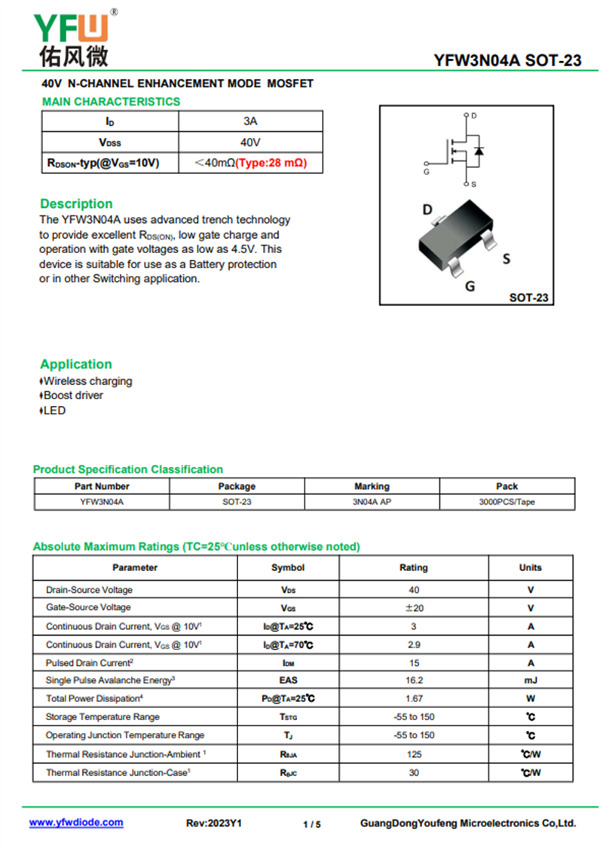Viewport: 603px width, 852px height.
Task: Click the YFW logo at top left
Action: coord(72,38)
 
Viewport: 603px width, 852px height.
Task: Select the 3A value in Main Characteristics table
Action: coord(250,121)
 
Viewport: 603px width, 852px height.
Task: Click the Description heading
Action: coord(76,203)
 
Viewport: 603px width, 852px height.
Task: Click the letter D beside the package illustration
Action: coord(427,209)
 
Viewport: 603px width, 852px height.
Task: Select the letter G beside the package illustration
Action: coord(470,286)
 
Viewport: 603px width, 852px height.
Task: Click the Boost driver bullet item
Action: coord(73,395)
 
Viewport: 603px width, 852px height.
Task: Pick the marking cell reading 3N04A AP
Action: coord(372,502)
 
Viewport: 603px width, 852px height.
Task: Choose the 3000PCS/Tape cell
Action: coord(507,502)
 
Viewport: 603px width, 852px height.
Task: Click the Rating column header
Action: coord(413,567)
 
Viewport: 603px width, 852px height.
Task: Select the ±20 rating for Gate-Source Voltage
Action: coord(413,608)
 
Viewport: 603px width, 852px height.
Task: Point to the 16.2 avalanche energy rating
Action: coord(413,680)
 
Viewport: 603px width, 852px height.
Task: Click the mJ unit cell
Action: coord(531,680)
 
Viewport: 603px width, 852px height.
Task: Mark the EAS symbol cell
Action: coord(288,680)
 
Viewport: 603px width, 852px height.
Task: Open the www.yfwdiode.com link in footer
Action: coord(76,823)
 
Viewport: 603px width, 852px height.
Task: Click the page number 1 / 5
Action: coord(311,824)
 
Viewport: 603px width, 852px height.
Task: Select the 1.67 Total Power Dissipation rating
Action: coord(413,699)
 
